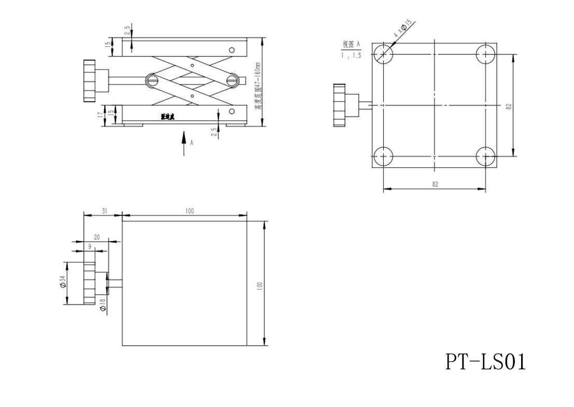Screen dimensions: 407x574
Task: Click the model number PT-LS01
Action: (485, 362)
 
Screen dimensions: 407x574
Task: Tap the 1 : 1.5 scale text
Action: (351, 55)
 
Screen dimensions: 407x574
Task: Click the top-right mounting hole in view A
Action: (486, 53)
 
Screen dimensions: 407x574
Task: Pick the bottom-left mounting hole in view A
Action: (383, 156)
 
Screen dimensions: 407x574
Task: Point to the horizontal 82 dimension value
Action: (435, 184)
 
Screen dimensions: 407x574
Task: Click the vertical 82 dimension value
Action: (509, 105)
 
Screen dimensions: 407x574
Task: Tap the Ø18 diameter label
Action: (103, 304)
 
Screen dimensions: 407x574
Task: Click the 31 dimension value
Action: (104, 210)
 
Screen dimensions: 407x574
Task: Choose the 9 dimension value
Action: (90, 246)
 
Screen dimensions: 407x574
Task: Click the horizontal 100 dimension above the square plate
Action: (189, 210)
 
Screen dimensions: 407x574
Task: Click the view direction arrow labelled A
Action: (184, 143)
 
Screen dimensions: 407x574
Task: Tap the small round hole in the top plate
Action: (232, 50)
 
